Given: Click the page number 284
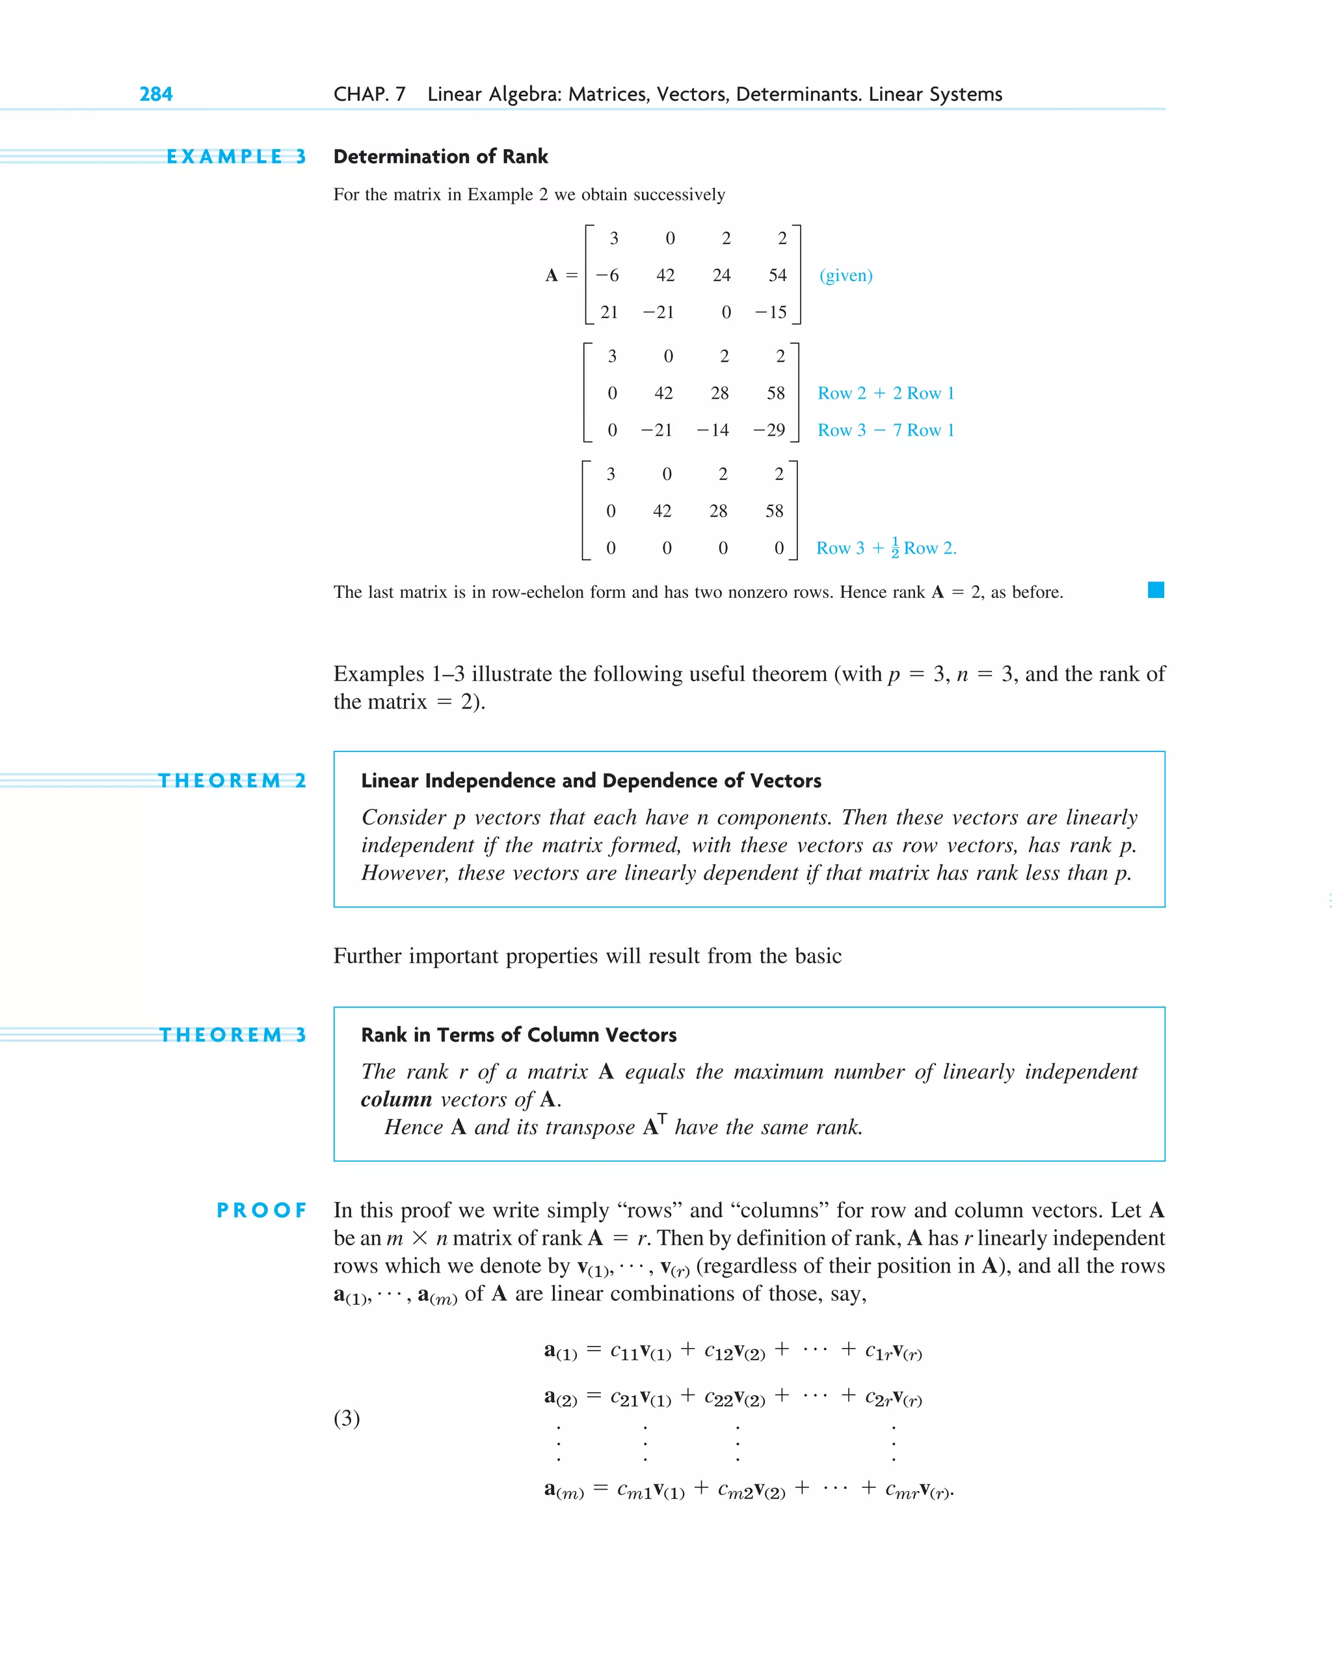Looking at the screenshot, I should coord(155,94).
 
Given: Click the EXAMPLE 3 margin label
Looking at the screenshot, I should coord(235,157).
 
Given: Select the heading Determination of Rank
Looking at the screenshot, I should coord(440,157).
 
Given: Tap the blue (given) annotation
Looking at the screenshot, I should coord(846,276).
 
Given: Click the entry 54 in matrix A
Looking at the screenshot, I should coord(777,276).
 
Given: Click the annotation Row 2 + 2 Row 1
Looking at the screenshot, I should coord(885,394).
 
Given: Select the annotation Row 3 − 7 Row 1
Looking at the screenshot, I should coord(885,431).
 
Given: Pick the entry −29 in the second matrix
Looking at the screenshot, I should coord(769,431).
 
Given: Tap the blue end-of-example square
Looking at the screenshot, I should coord(1155,591).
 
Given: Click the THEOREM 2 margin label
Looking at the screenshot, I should coord(232,781).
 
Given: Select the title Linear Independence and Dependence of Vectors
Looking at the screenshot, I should coord(591,781).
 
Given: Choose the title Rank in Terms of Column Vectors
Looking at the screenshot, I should coord(518,1036).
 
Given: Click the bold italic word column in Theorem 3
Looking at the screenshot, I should coord(395,1099).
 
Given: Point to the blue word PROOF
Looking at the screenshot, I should coord(262,1211).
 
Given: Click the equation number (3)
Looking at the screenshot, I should coord(347,1418).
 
